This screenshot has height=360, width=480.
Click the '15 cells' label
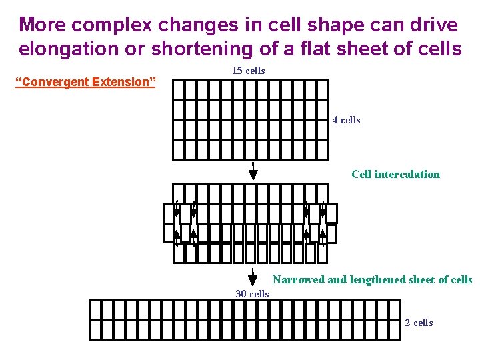click(x=248, y=71)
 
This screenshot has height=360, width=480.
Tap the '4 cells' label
click(x=346, y=120)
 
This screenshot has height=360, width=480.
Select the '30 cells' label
click(x=252, y=294)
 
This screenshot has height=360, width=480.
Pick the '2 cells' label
click(x=419, y=323)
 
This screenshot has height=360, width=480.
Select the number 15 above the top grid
click(x=237, y=71)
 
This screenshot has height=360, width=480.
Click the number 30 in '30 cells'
click(x=241, y=294)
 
